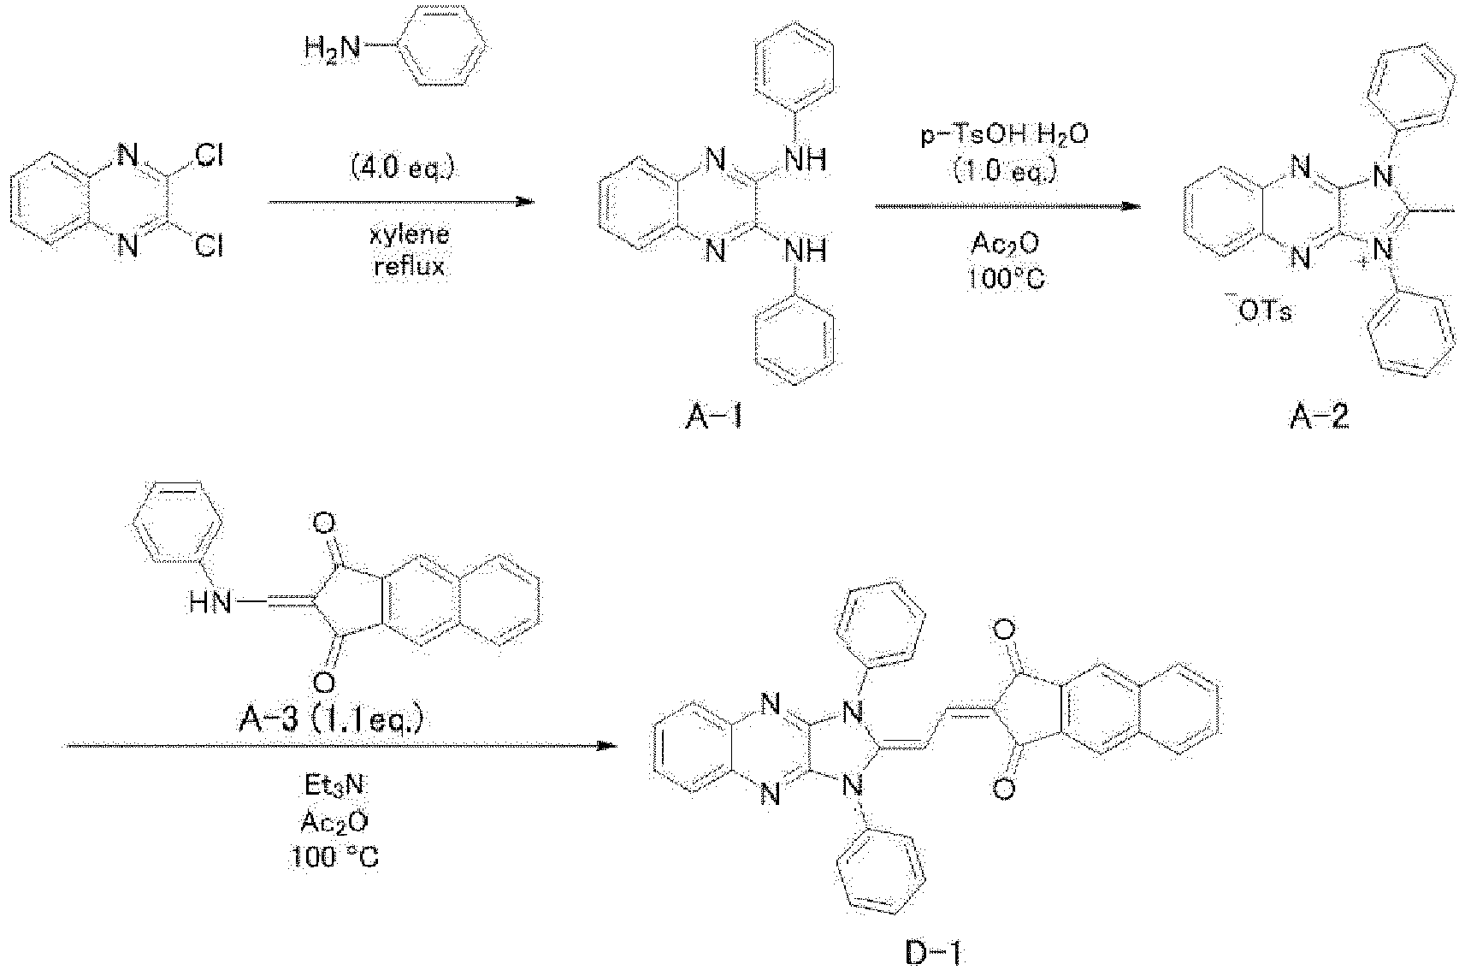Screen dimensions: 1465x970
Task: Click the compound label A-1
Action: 715,417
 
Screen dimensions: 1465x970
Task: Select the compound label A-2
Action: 1319,417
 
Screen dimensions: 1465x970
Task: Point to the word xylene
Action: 410,234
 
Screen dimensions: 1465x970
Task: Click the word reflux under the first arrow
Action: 410,266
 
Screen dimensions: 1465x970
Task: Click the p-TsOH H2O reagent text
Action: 1005,135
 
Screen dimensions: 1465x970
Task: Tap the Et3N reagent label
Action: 335,785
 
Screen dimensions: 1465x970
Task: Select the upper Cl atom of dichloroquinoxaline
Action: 210,156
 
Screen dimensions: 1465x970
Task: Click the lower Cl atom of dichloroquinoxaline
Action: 210,246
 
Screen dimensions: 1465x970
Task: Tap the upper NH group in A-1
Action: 806,160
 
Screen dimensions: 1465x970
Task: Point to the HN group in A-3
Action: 210,603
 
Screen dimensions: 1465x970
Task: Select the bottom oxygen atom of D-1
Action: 1004,790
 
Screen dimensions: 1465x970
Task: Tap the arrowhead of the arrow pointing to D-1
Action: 608,746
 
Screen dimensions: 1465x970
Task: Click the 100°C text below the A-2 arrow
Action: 1006,280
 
